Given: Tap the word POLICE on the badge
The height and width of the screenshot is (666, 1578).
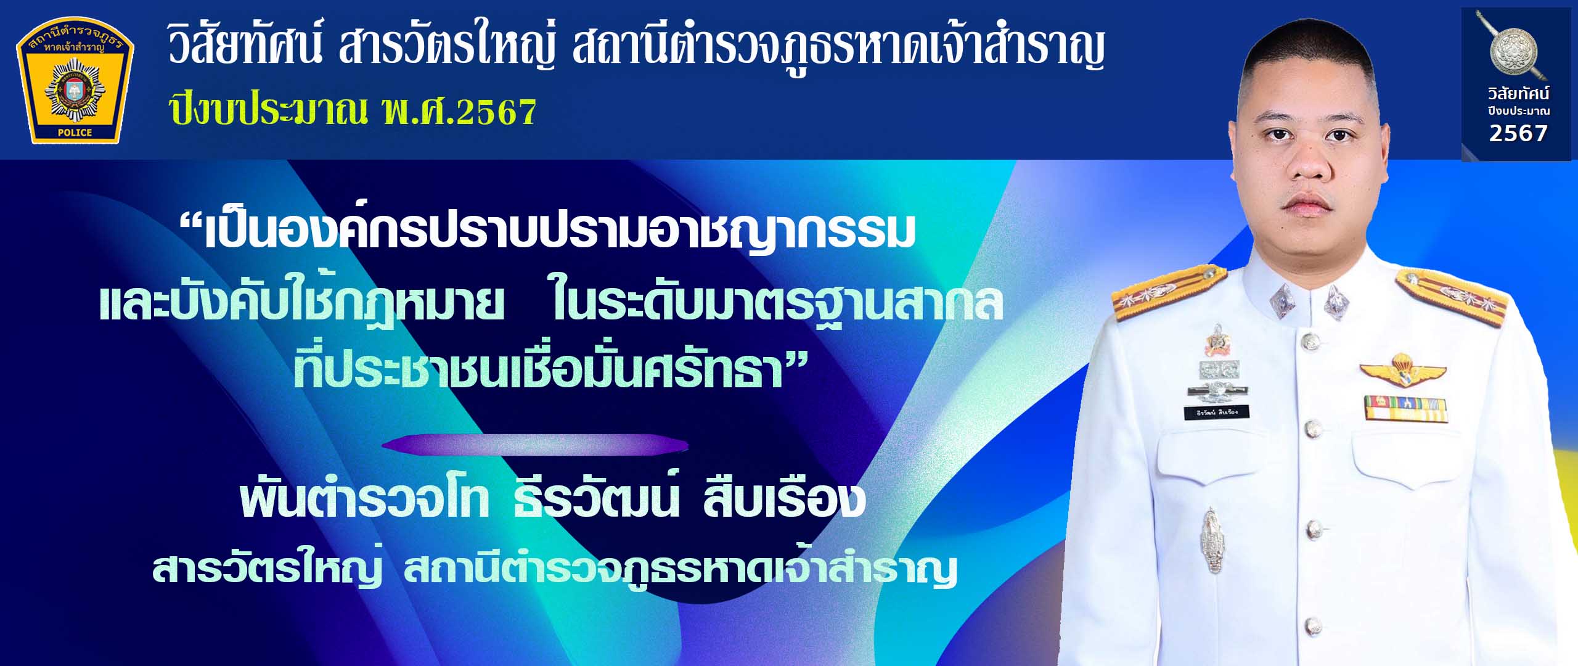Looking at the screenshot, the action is (x=75, y=133).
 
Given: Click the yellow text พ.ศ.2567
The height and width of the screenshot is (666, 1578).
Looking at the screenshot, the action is (x=459, y=112).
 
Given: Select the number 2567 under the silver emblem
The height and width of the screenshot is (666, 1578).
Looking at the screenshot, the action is (x=1518, y=134).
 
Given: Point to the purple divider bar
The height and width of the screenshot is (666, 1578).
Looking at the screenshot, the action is (x=535, y=445).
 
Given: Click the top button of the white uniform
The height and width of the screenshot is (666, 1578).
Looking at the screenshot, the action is (x=1310, y=340).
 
